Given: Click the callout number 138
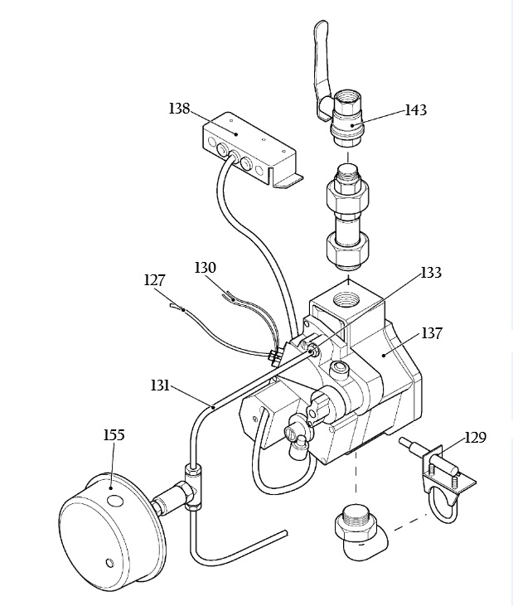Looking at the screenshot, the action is [179, 109].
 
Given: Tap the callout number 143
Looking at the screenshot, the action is [416, 110].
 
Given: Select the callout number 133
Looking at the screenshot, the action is [431, 273].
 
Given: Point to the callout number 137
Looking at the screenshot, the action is [431, 333].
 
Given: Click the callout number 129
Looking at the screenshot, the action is [475, 438].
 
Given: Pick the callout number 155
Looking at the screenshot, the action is [114, 435].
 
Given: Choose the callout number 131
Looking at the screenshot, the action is [160, 385].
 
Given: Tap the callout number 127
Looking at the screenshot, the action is [154, 280].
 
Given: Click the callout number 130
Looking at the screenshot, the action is [205, 268].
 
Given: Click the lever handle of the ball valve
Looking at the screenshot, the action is [322, 65].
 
